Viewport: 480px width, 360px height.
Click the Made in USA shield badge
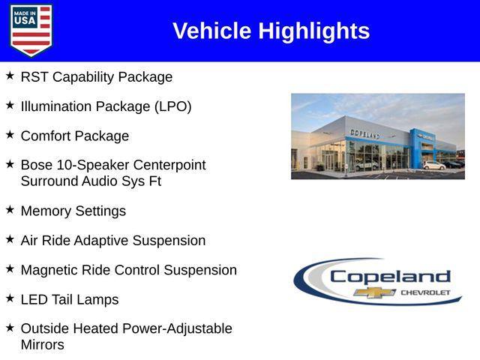click(x=31, y=30)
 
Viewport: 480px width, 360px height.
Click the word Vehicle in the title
click(x=212, y=31)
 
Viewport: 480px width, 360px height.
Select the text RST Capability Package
click(x=96, y=77)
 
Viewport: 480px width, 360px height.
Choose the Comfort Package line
click(x=74, y=136)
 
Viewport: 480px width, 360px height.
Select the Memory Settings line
click(x=73, y=211)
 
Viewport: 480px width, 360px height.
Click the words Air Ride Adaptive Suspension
click(x=112, y=241)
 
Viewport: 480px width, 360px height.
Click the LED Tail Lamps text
click(x=69, y=299)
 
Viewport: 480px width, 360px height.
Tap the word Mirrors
click(x=42, y=345)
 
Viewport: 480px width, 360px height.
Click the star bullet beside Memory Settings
click(x=10, y=209)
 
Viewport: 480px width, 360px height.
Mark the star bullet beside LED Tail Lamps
click(x=10, y=298)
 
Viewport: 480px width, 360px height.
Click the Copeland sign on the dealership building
click(x=364, y=133)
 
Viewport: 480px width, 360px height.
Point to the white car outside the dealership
click(x=433, y=165)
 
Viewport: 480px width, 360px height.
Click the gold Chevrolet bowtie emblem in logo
click(x=375, y=292)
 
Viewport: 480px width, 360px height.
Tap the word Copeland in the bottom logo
click(x=390, y=276)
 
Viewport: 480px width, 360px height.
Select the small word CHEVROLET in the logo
click(x=425, y=292)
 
